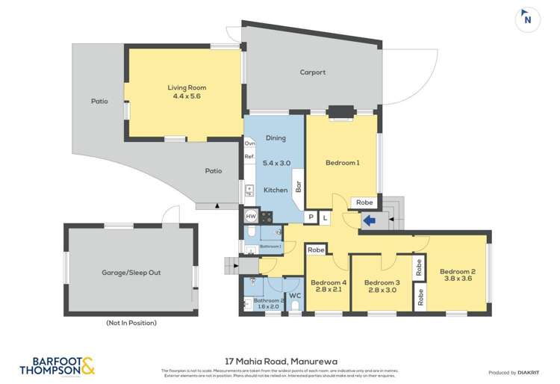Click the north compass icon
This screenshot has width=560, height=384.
[x=527, y=19]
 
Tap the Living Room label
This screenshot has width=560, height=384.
[x=183, y=87]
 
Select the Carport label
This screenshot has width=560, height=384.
[x=312, y=72]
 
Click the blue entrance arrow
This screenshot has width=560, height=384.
[x=370, y=220]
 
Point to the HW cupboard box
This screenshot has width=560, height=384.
[x=252, y=216]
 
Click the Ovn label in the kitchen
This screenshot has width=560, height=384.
[x=249, y=143]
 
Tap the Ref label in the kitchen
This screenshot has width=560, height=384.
[x=249, y=157]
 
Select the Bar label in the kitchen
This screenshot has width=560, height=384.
[x=298, y=186]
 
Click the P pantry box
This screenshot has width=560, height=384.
[x=311, y=217]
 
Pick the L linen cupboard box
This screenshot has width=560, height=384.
[x=325, y=217]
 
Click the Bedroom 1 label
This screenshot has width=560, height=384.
[x=343, y=162]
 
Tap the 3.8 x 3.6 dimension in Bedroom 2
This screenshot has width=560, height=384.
[x=457, y=279]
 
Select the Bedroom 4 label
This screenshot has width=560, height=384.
[x=329, y=282]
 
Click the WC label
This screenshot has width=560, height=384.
[x=294, y=296]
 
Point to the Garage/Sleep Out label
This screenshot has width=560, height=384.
[x=131, y=273]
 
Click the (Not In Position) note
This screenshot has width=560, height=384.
[x=131, y=323]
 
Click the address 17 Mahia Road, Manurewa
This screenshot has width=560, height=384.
[x=280, y=359]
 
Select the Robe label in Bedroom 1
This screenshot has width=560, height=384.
[x=364, y=202]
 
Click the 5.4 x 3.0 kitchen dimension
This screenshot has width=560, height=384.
[x=276, y=164]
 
